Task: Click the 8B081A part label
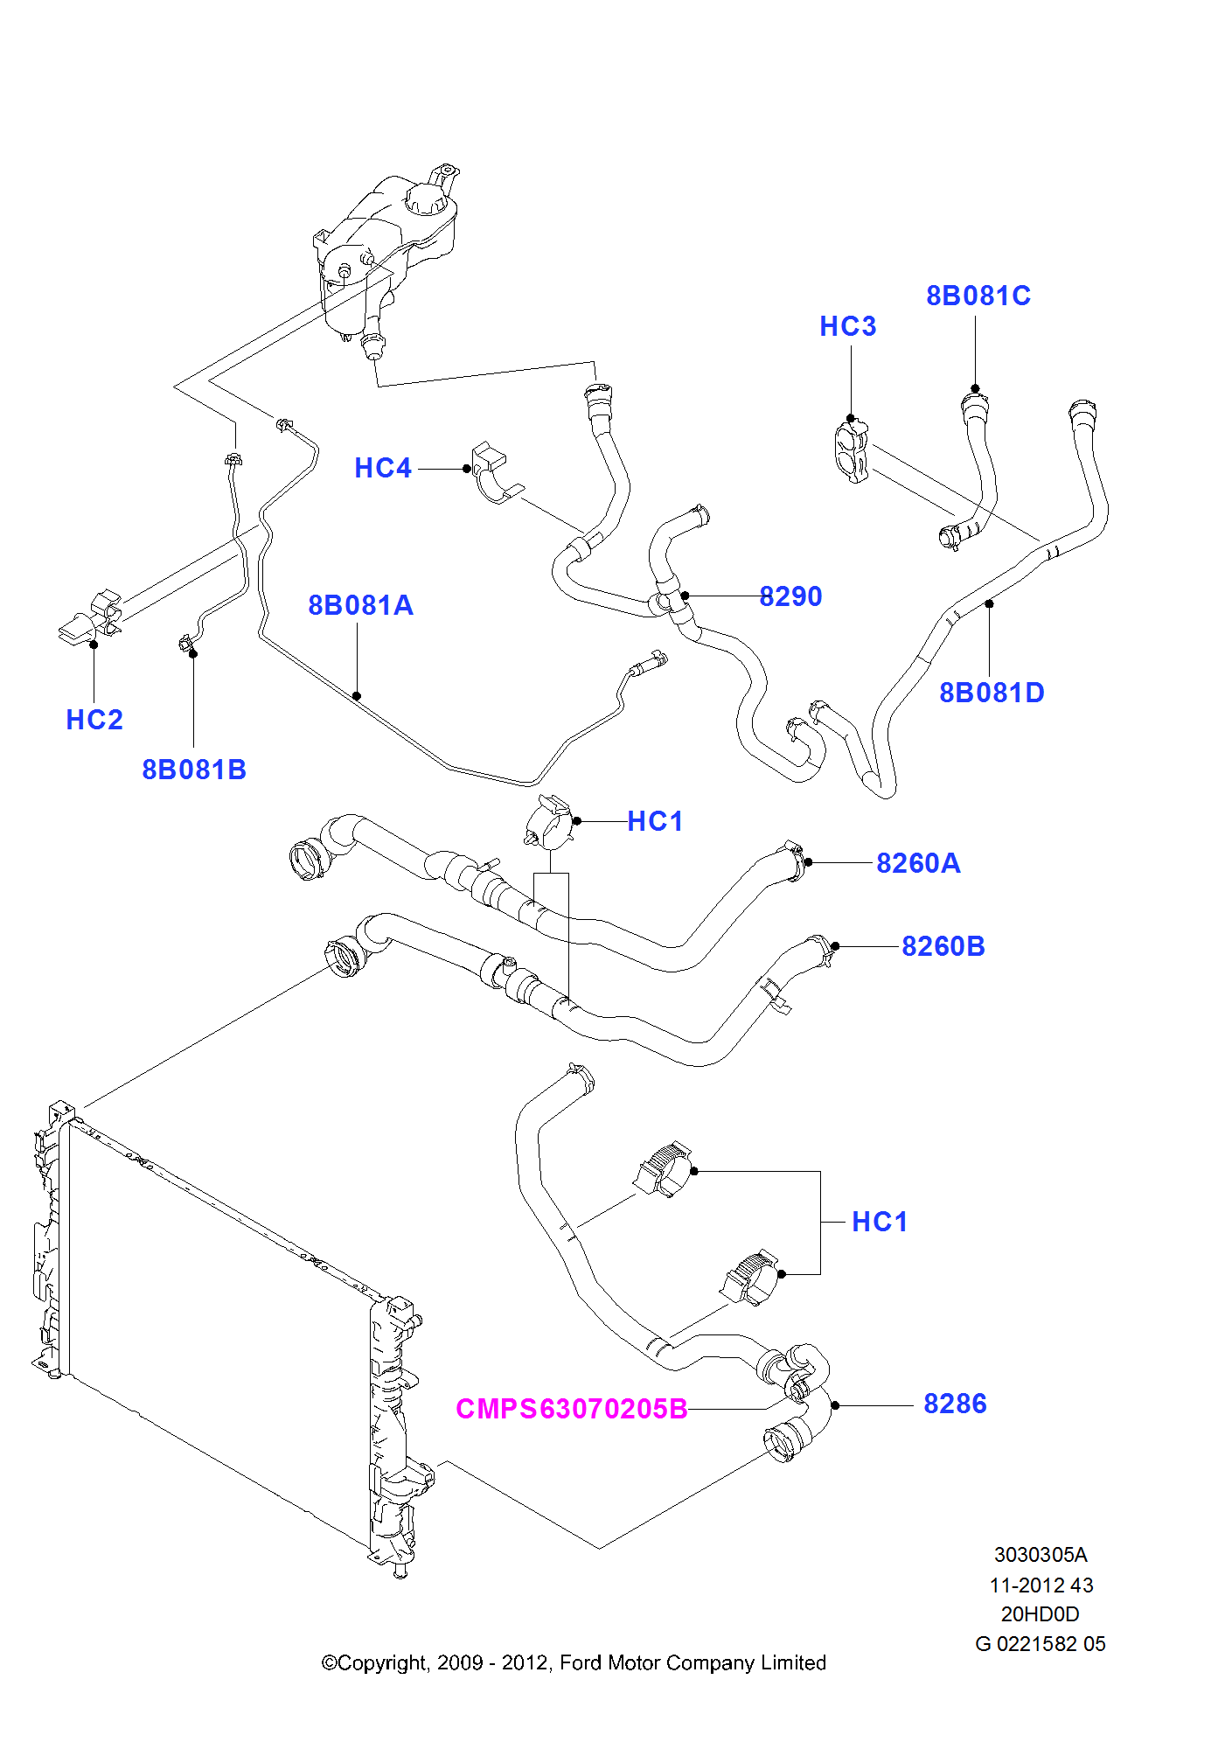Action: (360, 605)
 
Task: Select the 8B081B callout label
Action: (194, 770)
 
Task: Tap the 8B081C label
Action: (978, 296)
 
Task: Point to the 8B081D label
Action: (992, 693)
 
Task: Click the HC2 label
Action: (94, 720)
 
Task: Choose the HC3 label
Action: (847, 326)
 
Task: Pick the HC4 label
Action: (383, 468)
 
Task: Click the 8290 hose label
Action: (790, 596)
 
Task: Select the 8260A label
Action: (918, 863)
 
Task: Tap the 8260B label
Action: (943, 946)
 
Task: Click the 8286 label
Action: (955, 1404)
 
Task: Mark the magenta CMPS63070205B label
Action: (572, 1409)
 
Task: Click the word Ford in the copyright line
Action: (581, 1662)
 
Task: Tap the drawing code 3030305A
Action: (1041, 1555)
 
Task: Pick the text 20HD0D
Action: (1040, 1614)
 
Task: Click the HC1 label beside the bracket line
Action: (880, 1222)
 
